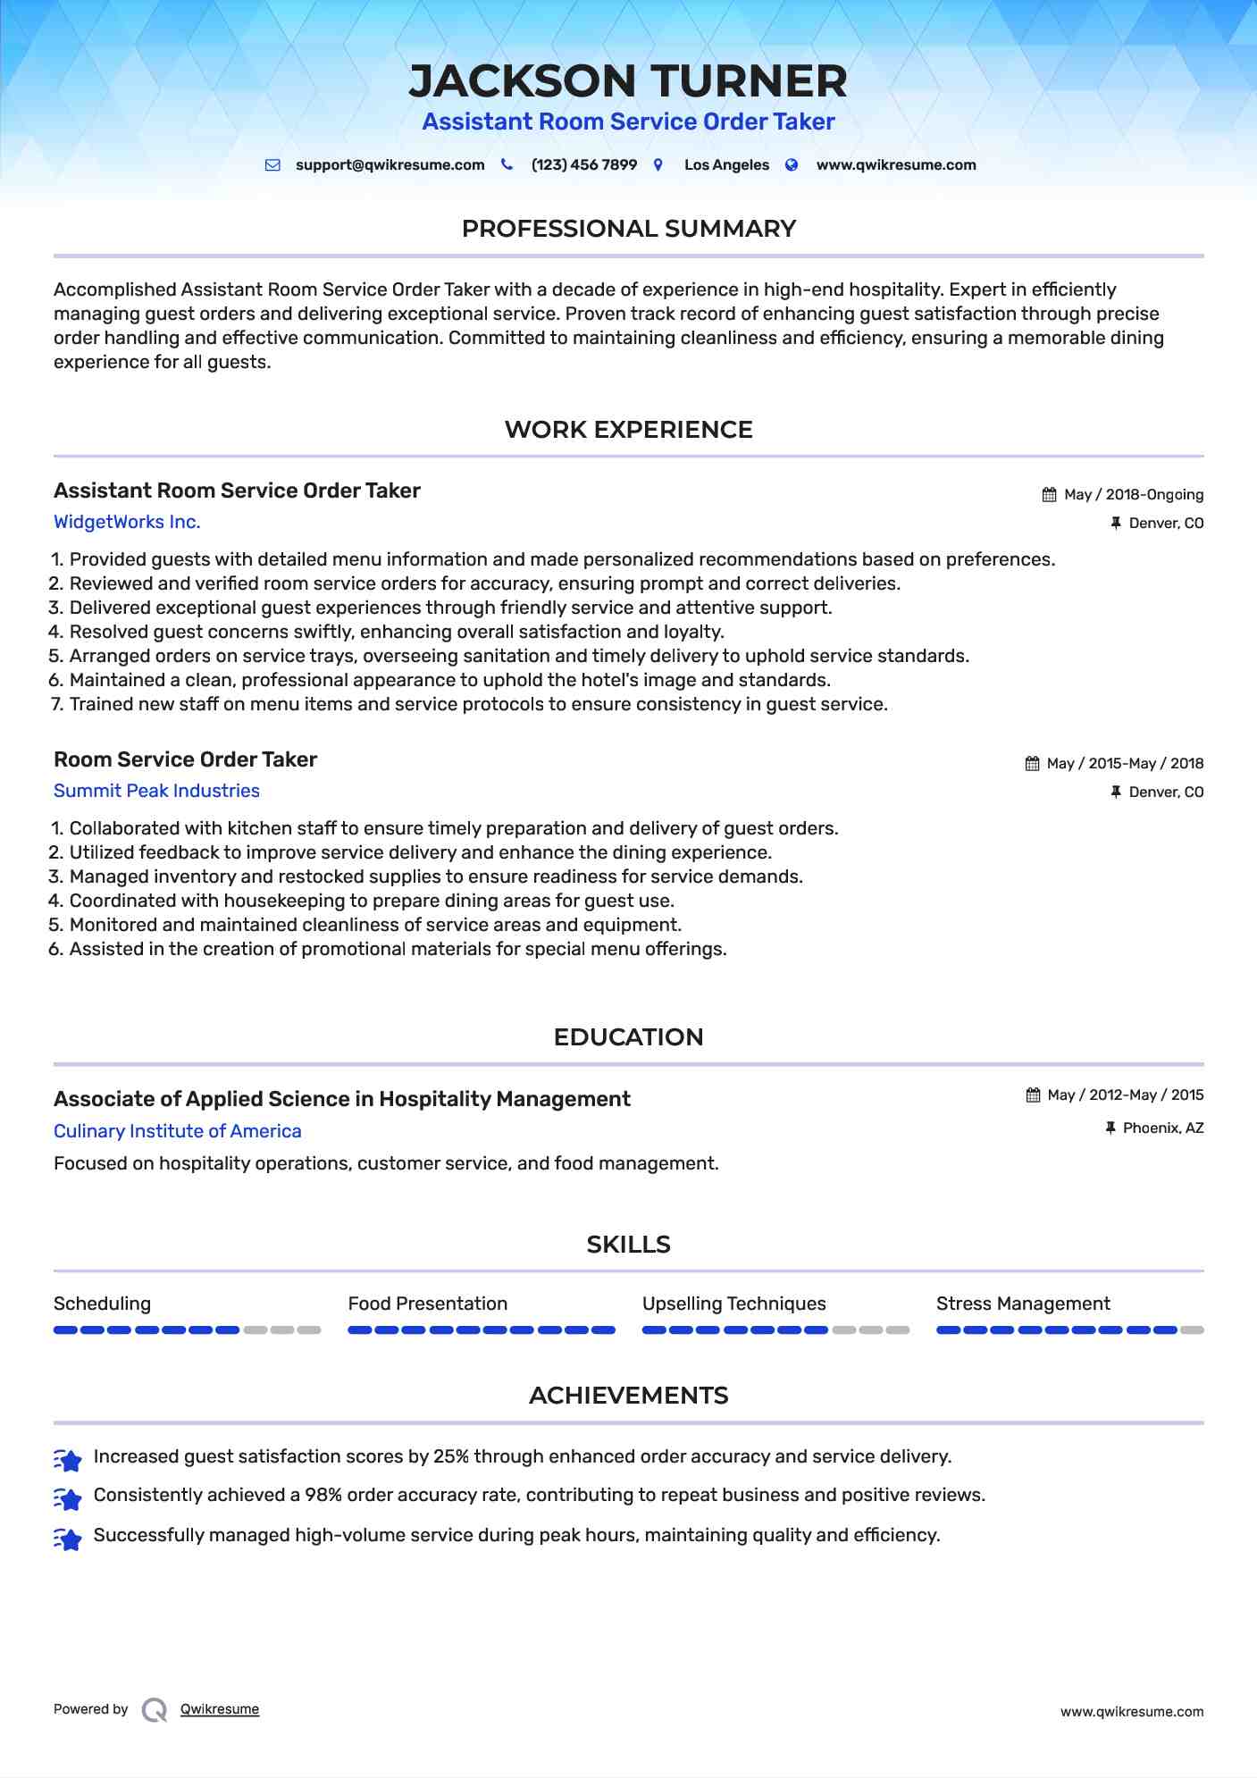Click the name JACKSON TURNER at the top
tap(627, 81)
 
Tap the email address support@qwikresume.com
tap(390, 165)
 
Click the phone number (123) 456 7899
tap(583, 165)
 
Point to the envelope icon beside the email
tap(272, 165)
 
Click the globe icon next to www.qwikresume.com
tap(792, 165)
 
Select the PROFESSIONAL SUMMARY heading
tap(628, 229)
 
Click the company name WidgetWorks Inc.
tap(127, 522)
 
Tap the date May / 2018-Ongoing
tap(1133, 495)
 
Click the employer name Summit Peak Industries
tap(156, 791)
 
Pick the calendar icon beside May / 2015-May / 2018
tap(1032, 764)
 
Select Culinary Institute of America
tap(177, 1131)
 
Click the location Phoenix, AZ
tap(1162, 1128)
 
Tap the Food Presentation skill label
tap(427, 1304)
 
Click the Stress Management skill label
tap(1022, 1304)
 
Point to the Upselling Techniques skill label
tap(733, 1304)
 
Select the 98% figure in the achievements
tap(323, 1495)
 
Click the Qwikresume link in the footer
tap(219, 1709)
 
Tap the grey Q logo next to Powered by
tap(155, 1710)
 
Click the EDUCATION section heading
tap(628, 1037)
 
